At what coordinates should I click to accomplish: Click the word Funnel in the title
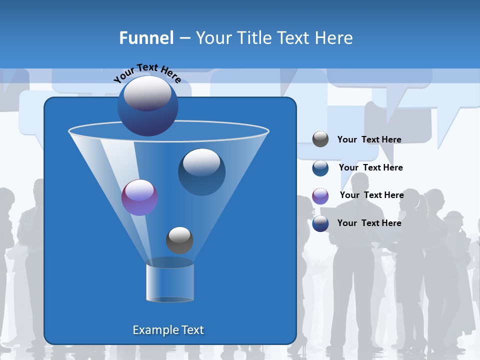point(146,38)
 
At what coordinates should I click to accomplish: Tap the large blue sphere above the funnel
point(148,106)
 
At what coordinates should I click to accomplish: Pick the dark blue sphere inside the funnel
point(201,171)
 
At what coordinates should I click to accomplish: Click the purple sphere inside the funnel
point(139,197)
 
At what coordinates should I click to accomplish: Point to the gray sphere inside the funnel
point(179,240)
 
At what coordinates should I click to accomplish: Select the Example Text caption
point(168,330)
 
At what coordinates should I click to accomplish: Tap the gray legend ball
point(320,139)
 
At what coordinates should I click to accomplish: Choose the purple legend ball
point(320,196)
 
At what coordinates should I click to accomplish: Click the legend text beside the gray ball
point(369,140)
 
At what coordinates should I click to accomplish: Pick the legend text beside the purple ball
point(371,195)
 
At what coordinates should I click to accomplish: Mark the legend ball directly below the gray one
point(320,168)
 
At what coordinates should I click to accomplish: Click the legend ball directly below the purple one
point(320,223)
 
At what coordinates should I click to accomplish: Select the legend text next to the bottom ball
point(369,223)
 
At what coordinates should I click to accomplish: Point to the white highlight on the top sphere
point(147,94)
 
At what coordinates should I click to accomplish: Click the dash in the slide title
point(184,38)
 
